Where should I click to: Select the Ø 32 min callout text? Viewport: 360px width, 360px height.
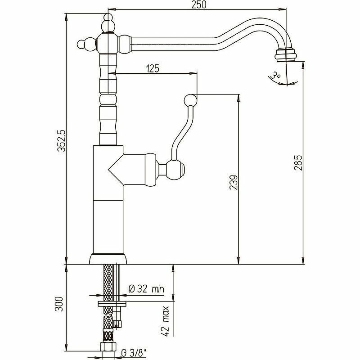146,288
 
